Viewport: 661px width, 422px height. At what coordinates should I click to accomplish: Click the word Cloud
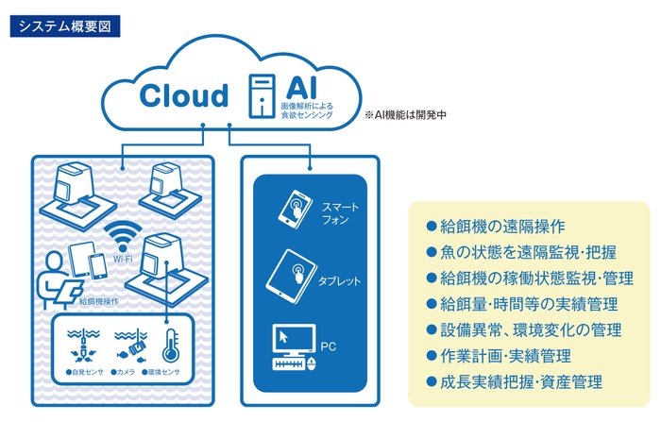click(x=184, y=95)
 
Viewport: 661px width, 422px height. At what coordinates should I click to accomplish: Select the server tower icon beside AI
click(x=259, y=95)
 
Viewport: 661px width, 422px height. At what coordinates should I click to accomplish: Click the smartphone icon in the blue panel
click(x=295, y=207)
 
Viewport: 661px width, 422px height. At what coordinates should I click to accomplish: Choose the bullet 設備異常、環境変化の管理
click(x=523, y=330)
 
